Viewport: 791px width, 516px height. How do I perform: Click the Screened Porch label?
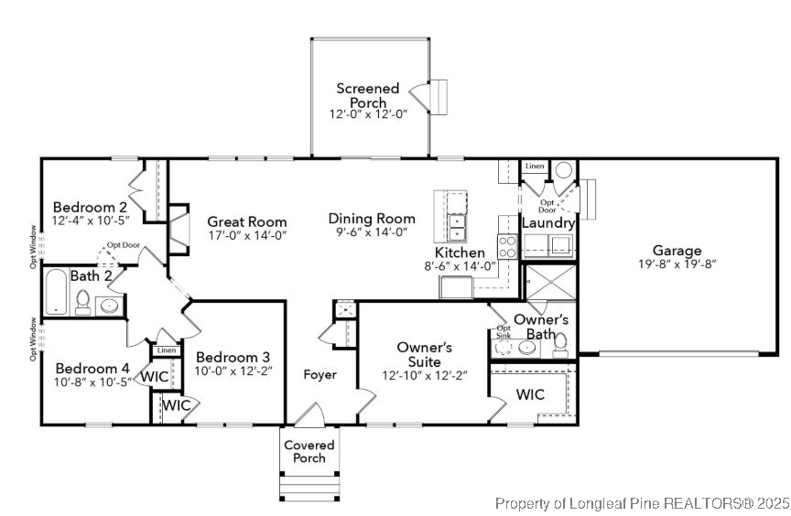pos(368,95)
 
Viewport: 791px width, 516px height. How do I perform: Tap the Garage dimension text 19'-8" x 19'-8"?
pos(677,264)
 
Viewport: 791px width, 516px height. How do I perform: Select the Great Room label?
pos(246,221)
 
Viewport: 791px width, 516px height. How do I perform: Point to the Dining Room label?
pos(372,219)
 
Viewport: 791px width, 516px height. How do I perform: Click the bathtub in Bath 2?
pos(56,292)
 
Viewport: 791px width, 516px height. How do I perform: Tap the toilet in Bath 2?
pos(82,302)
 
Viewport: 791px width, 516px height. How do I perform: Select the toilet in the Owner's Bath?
pos(560,342)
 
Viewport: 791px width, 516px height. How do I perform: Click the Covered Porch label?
pos(309,451)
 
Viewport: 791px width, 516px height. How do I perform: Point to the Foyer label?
pos(320,374)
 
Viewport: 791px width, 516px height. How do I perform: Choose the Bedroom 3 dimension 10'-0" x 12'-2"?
pos(233,371)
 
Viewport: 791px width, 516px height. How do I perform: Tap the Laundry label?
pos(547,223)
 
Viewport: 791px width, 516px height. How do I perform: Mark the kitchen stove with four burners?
pos(507,246)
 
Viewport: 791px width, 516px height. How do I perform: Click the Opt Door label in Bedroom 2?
pos(123,245)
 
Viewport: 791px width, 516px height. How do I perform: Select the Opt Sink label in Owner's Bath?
pos(503,332)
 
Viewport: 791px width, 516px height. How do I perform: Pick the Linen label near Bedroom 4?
pos(166,350)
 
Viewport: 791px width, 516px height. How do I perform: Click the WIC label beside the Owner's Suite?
pos(530,395)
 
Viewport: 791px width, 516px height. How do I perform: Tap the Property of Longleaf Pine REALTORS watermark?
pos(641,503)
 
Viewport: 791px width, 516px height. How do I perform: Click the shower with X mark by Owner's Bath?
pos(549,282)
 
